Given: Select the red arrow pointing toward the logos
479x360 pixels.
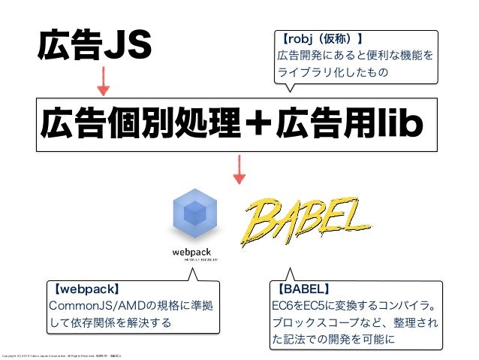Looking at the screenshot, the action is [239, 169].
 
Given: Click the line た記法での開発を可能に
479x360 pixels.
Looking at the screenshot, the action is [333, 340].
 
